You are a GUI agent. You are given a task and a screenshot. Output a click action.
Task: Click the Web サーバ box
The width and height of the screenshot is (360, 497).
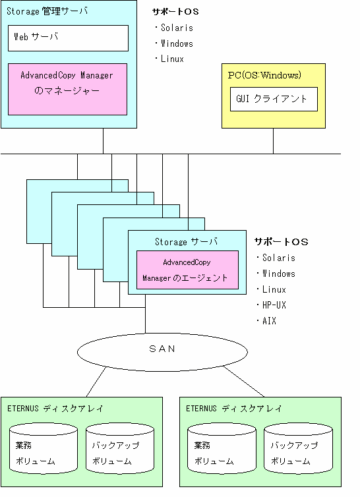pyautogui.click(x=68, y=38)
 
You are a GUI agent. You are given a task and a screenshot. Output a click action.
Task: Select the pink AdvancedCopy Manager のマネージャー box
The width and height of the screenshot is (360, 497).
pyautogui.click(x=67, y=90)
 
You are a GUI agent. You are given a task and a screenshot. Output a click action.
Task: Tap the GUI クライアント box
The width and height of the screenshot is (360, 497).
pyautogui.click(x=274, y=100)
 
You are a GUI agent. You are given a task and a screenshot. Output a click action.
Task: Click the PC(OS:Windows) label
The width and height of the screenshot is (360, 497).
pyautogui.click(x=264, y=75)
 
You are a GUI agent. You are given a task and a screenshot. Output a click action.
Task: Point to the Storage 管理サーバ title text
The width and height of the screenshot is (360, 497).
pyautogui.click(x=47, y=11)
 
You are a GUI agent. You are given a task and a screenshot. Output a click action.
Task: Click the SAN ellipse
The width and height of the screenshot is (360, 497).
pyautogui.click(x=162, y=352)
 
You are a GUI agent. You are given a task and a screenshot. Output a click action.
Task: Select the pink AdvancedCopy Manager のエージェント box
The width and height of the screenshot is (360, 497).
pyautogui.click(x=187, y=270)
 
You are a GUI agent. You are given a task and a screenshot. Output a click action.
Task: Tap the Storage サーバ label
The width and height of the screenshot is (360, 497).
pyautogui.click(x=186, y=242)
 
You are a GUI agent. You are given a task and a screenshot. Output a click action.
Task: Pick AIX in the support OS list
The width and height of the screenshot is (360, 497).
pyautogui.click(x=269, y=321)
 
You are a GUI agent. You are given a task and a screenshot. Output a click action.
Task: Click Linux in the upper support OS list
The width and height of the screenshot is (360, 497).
pyautogui.click(x=172, y=59)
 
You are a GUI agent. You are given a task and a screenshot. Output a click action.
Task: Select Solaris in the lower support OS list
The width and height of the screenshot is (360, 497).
pyautogui.click(x=279, y=258)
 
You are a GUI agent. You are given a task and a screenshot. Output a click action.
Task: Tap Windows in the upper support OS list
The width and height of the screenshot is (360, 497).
pyautogui.click(x=177, y=44)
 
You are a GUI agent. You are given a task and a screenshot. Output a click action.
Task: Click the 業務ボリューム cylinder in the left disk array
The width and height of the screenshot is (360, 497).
pyautogui.click(x=44, y=448)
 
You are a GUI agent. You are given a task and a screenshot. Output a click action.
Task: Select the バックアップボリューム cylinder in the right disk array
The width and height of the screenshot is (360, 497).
pyautogui.click(x=298, y=448)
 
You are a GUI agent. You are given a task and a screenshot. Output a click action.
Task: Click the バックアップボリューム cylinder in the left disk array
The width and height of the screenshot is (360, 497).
pyautogui.click(x=120, y=448)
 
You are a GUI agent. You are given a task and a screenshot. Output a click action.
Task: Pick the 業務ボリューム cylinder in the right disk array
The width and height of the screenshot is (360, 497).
pyautogui.click(x=222, y=448)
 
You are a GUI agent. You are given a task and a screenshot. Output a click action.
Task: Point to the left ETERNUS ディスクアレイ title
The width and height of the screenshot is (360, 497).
pyautogui.click(x=55, y=409)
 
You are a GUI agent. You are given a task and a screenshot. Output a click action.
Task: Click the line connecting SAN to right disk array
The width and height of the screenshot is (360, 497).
pyautogui.click(x=243, y=381)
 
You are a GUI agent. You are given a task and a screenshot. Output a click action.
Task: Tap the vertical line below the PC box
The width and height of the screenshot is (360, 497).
pyautogui.click(x=274, y=141)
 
